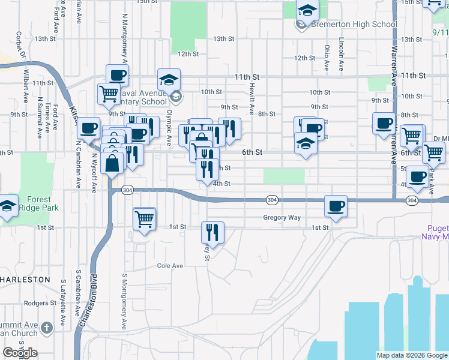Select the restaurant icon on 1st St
[212, 232]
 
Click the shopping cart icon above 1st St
[145, 219]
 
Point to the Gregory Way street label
[282, 218]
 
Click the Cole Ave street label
[169, 265]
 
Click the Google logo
[20, 353]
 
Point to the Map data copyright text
[412, 355]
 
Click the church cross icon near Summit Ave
[47, 327]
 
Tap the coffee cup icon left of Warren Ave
[384, 124]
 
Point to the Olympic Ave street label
[169, 126]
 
